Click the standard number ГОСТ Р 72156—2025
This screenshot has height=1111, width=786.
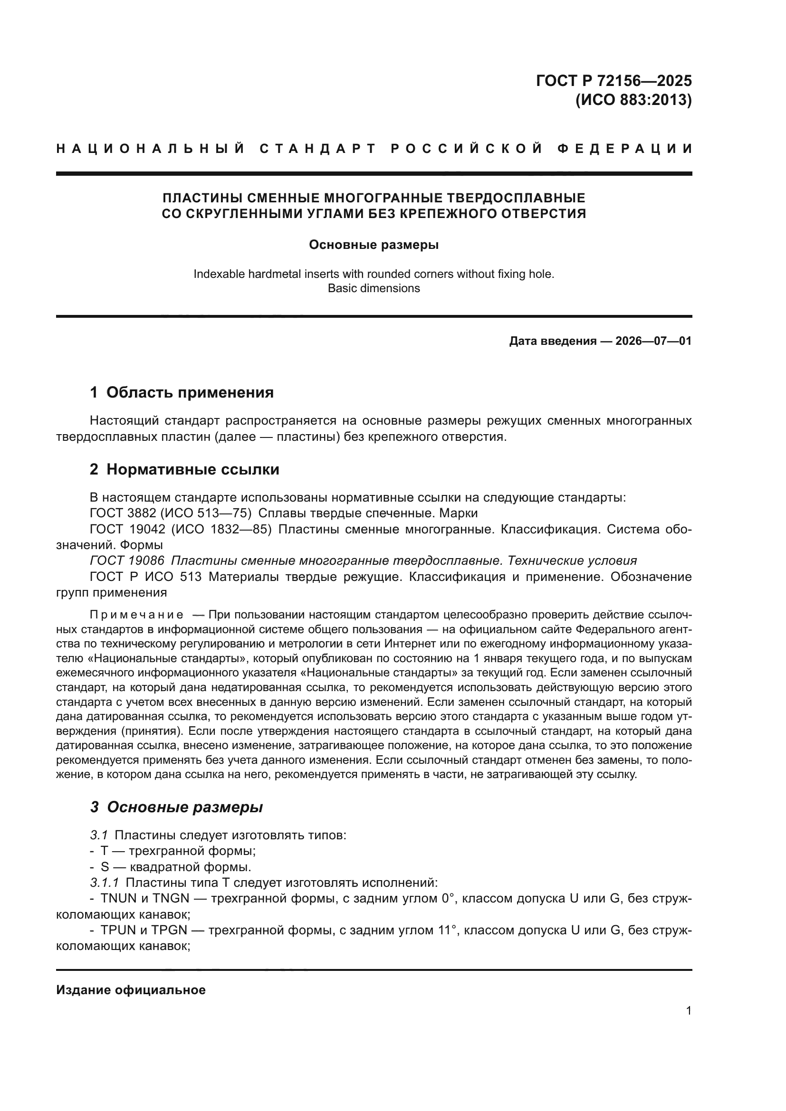(613, 80)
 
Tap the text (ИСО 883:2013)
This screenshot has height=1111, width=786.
(633, 100)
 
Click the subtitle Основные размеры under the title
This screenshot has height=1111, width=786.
(374, 245)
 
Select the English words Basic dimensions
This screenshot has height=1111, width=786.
(374, 288)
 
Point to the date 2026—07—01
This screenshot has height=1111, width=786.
(653, 341)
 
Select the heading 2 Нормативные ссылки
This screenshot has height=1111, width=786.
(184, 469)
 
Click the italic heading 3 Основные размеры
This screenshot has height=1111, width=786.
(176, 807)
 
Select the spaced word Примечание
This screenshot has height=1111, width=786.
(136, 615)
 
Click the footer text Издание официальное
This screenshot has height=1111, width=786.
(131, 990)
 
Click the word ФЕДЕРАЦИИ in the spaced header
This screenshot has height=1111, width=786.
(624, 149)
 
